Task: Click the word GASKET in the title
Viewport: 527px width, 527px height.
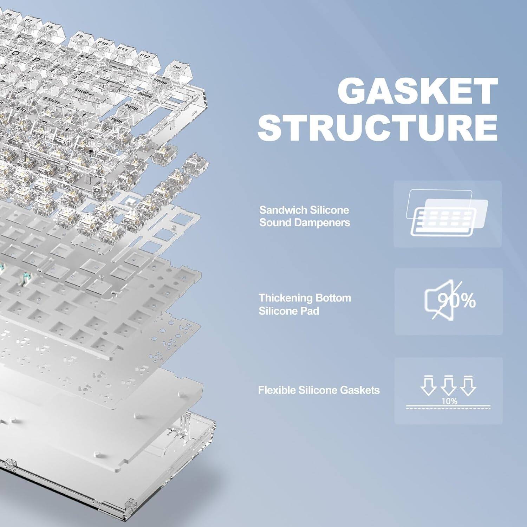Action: [417, 91]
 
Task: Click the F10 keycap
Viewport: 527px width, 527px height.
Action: [103, 44]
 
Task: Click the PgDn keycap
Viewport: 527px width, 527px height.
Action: [117, 121]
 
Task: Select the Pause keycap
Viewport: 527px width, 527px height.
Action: [145, 95]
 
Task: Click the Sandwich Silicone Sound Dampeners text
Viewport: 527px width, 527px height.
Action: [304, 216]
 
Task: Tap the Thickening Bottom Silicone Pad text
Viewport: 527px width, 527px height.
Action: [305, 304]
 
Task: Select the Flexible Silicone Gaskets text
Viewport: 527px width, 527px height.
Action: [319, 390]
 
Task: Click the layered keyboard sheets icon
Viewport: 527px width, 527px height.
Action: [447, 213]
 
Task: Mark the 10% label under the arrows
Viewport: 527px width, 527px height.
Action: [449, 401]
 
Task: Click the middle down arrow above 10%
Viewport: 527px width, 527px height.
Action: [449, 385]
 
